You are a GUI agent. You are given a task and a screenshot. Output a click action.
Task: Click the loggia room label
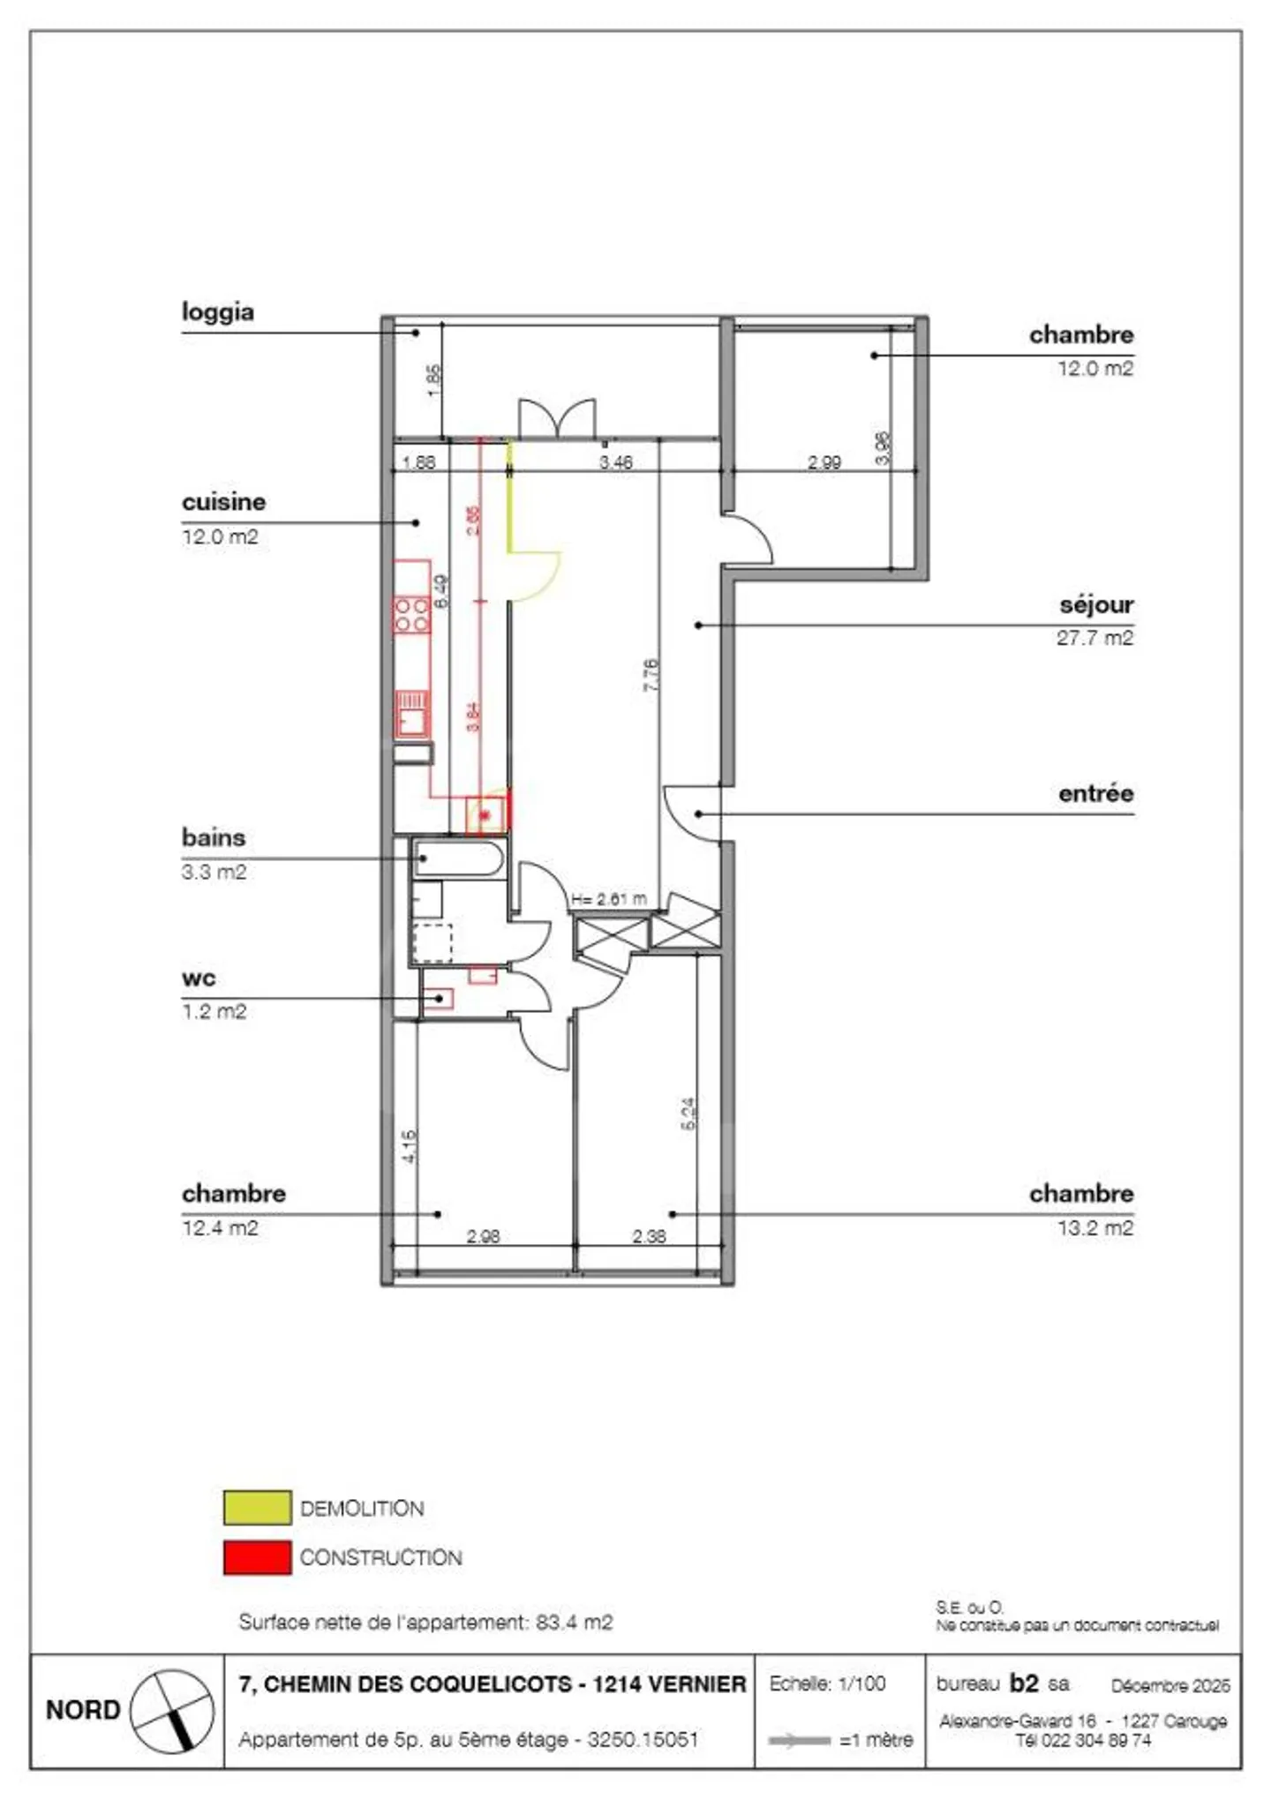coord(217,312)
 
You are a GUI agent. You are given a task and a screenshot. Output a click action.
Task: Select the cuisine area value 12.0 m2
coord(220,536)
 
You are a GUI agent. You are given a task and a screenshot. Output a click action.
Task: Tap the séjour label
coord(1095,605)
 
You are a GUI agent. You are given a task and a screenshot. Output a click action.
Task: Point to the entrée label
coord(1095,793)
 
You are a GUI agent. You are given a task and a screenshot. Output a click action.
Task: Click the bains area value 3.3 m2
coord(214,872)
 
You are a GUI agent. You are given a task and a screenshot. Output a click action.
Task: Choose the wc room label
coord(199,978)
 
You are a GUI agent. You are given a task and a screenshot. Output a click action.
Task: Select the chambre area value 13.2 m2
coord(1094,1227)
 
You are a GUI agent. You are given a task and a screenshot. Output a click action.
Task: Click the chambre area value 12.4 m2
coord(220,1227)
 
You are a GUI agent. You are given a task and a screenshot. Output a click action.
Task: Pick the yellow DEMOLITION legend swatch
coord(257,1508)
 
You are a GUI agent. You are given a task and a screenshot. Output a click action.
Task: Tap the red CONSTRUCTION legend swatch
coord(257,1557)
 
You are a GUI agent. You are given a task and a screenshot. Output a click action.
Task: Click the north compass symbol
coord(171,1711)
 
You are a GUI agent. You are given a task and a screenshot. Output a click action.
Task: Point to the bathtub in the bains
coord(459,858)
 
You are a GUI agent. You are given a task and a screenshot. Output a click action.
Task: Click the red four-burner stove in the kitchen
coord(411,615)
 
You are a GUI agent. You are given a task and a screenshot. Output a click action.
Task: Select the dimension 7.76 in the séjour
coord(651,674)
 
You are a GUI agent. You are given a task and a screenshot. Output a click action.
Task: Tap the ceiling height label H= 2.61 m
coord(608,899)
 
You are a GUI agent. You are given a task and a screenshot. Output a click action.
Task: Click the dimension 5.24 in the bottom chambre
coord(688,1113)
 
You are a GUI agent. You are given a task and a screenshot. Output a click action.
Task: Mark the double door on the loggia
coord(556,418)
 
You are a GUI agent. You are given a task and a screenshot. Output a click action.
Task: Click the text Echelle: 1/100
coord(827,1683)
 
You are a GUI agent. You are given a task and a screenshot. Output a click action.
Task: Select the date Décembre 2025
coord(1169,1685)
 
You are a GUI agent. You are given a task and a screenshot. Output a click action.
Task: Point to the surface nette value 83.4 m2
coord(574,1622)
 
